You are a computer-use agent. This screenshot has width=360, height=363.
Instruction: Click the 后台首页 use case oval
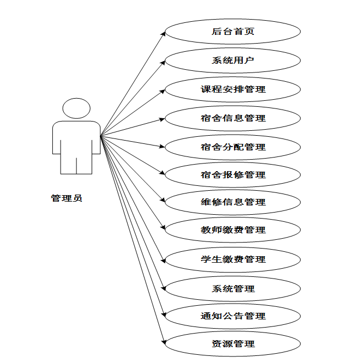tap(233, 32)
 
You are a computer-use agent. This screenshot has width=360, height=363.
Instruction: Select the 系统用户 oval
tap(233, 60)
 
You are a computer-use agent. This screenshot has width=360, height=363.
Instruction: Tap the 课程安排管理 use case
tap(233, 89)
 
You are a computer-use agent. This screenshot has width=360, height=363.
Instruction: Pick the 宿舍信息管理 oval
tap(233, 118)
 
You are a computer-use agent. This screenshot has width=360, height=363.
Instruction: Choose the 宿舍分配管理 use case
tap(233, 147)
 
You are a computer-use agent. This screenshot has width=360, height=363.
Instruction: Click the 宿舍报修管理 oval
tap(233, 175)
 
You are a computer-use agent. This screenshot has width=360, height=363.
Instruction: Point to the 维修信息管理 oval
tap(233, 202)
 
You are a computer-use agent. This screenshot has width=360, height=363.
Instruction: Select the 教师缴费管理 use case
tap(233, 230)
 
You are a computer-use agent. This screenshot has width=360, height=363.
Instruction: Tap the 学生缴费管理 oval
tap(233, 259)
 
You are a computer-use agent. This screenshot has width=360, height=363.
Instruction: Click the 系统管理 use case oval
tap(233, 288)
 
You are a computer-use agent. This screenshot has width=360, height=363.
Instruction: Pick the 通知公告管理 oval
tap(233, 316)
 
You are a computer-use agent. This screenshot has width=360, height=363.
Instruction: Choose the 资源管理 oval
tap(233, 344)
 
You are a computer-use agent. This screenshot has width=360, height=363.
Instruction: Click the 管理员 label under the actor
tap(67, 198)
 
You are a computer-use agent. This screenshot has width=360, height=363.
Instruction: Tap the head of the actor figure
tap(76, 108)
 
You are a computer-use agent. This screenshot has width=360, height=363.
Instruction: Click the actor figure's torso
tap(76, 139)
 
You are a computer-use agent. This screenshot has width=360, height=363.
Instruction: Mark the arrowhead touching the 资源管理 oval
tap(163, 342)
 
